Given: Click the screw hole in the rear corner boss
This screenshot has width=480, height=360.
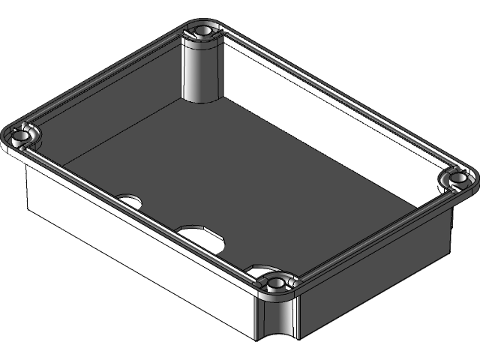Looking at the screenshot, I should [x=202, y=31].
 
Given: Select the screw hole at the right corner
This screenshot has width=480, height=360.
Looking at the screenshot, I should [x=456, y=178].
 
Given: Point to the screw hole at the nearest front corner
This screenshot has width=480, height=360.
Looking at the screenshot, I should [x=276, y=283].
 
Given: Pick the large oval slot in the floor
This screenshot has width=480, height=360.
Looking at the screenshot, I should [x=201, y=235].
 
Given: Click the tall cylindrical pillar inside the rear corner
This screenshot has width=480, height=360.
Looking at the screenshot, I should [x=200, y=71].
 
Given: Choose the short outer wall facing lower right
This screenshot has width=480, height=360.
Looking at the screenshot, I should [x=375, y=277].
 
